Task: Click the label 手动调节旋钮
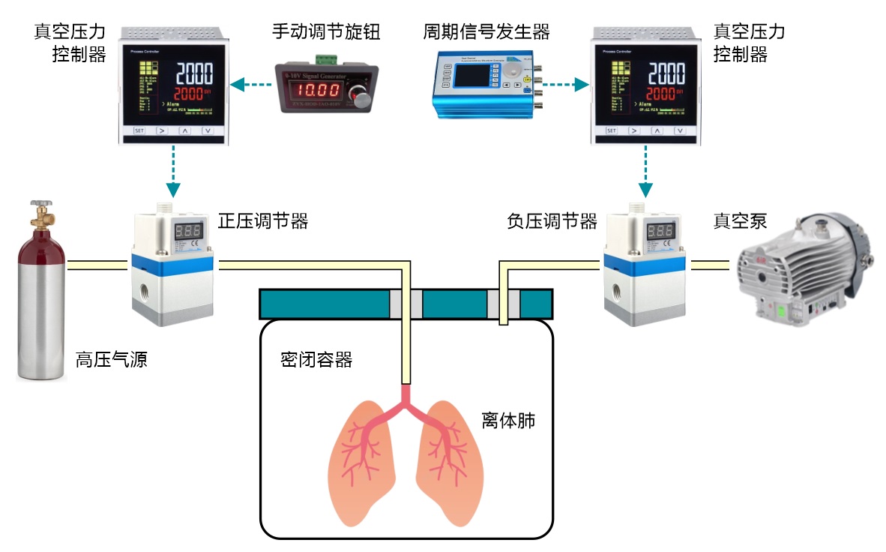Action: tap(326, 32)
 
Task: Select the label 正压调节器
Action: tap(263, 221)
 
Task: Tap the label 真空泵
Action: tap(740, 221)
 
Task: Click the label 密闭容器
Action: tap(316, 359)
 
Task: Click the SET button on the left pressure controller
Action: tap(139, 130)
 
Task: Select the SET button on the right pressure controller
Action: tap(611, 130)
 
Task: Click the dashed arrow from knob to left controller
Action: tap(250, 85)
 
